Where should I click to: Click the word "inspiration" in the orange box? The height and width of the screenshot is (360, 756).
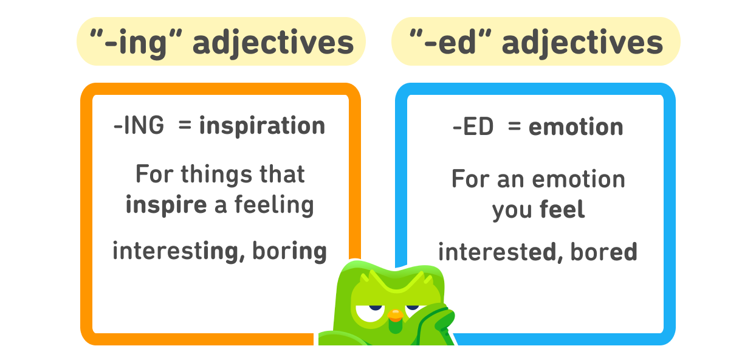pos(262,126)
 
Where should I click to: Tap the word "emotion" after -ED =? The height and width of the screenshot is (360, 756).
pos(576,127)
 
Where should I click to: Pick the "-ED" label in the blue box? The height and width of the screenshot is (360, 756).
pos(473,127)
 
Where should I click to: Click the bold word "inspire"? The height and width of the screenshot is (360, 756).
pos(166,205)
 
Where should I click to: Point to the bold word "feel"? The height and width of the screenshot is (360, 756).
pos(562,210)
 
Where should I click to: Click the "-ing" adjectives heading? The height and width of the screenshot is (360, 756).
pos(221,41)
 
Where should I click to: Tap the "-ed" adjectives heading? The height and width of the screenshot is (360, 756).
pos(535,41)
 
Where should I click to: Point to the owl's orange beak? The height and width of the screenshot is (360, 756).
pos(395,315)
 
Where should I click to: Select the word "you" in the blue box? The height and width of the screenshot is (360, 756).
pos(513,210)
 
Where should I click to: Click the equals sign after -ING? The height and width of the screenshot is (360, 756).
pos(185,126)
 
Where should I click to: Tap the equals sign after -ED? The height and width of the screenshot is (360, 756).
pos(515,127)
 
